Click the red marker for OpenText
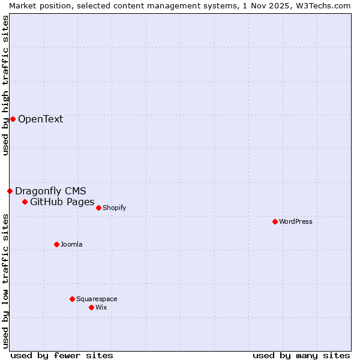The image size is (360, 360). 13,119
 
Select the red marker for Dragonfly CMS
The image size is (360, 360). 10,191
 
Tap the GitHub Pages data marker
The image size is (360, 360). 25,202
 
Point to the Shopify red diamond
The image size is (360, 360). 98,208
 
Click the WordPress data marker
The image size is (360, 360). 275,221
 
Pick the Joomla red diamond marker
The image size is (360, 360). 56,244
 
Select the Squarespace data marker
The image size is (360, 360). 72,299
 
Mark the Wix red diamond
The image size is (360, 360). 91,307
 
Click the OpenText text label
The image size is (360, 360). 40,119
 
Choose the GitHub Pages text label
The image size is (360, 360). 62,202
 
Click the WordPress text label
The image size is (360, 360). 295,221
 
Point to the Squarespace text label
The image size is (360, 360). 97,299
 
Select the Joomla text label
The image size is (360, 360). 71,244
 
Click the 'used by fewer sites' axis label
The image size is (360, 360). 62,355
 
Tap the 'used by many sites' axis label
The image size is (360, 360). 301,355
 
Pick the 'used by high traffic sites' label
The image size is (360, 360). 5,85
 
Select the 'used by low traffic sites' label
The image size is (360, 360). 5,280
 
